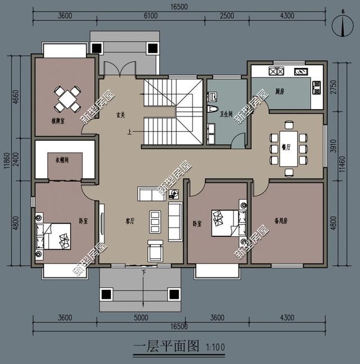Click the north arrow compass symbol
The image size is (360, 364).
339,26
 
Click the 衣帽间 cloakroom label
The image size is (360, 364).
62,160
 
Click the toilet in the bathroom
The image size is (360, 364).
213,109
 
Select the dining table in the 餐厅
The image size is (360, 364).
287,150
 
